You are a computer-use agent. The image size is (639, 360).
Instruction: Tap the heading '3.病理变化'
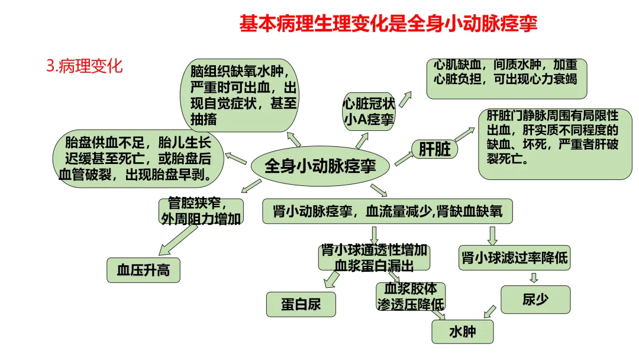pos(85,65)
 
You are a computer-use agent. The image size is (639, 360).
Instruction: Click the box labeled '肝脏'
pos(435,149)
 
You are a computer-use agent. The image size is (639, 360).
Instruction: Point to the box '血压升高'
pos(143,270)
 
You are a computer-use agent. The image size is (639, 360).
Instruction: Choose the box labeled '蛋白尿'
pos(301,304)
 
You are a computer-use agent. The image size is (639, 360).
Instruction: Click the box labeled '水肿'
pos(463,332)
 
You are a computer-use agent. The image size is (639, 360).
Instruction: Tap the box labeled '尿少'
pos(535,300)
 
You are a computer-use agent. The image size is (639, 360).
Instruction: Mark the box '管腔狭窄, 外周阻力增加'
pos(201,211)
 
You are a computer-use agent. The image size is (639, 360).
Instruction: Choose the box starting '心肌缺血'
pos(506,79)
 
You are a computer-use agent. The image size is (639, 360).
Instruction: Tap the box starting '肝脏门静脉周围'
pos(554,144)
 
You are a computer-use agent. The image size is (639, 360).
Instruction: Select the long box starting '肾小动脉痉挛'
pos(388,211)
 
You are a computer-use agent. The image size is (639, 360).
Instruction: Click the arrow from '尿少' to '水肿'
pos(489,311)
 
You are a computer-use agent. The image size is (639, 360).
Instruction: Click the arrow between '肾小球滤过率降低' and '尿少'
pos(534,278)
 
